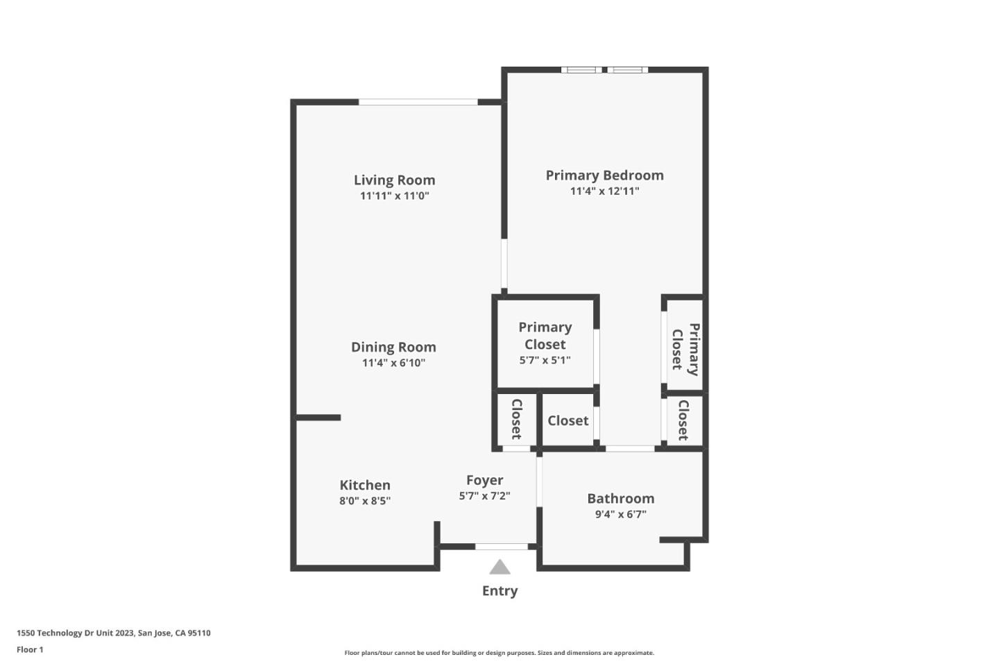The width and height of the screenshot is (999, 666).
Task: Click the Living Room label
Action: (x=394, y=180)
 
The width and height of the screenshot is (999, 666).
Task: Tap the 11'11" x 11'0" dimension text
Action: (x=394, y=196)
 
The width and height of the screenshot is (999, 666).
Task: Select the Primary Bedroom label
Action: (x=604, y=176)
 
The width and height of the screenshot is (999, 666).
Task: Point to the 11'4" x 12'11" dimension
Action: (x=604, y=191)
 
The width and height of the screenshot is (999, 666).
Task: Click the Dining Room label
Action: (x=393, y=348)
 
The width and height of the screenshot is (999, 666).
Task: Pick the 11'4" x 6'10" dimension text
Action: (x=393, y=363)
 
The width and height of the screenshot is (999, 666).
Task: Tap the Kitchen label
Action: (x=365, y=486)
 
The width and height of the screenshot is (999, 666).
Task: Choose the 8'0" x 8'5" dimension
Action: (x=365, y=501)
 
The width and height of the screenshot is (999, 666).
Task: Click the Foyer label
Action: (x=484, y=481)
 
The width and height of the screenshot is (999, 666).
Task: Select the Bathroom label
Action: (x=620, y=499)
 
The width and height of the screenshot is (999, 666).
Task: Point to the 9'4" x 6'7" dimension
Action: (x=620, y=515)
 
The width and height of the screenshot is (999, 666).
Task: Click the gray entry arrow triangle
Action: (x=499, y=567)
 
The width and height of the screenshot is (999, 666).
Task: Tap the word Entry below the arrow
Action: (x=499, y=591)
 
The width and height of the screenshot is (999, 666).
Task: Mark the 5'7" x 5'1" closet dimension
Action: (x=545, y=361)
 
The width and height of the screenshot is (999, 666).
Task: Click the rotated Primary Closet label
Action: (x=685, y=349)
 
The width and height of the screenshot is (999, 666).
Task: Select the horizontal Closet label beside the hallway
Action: (x=567, y=421)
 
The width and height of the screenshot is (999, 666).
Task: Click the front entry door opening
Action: (x=502, y=547)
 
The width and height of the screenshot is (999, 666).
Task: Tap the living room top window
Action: (x=418, y=103)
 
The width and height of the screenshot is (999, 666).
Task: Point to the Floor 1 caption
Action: (x=30, y=650)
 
